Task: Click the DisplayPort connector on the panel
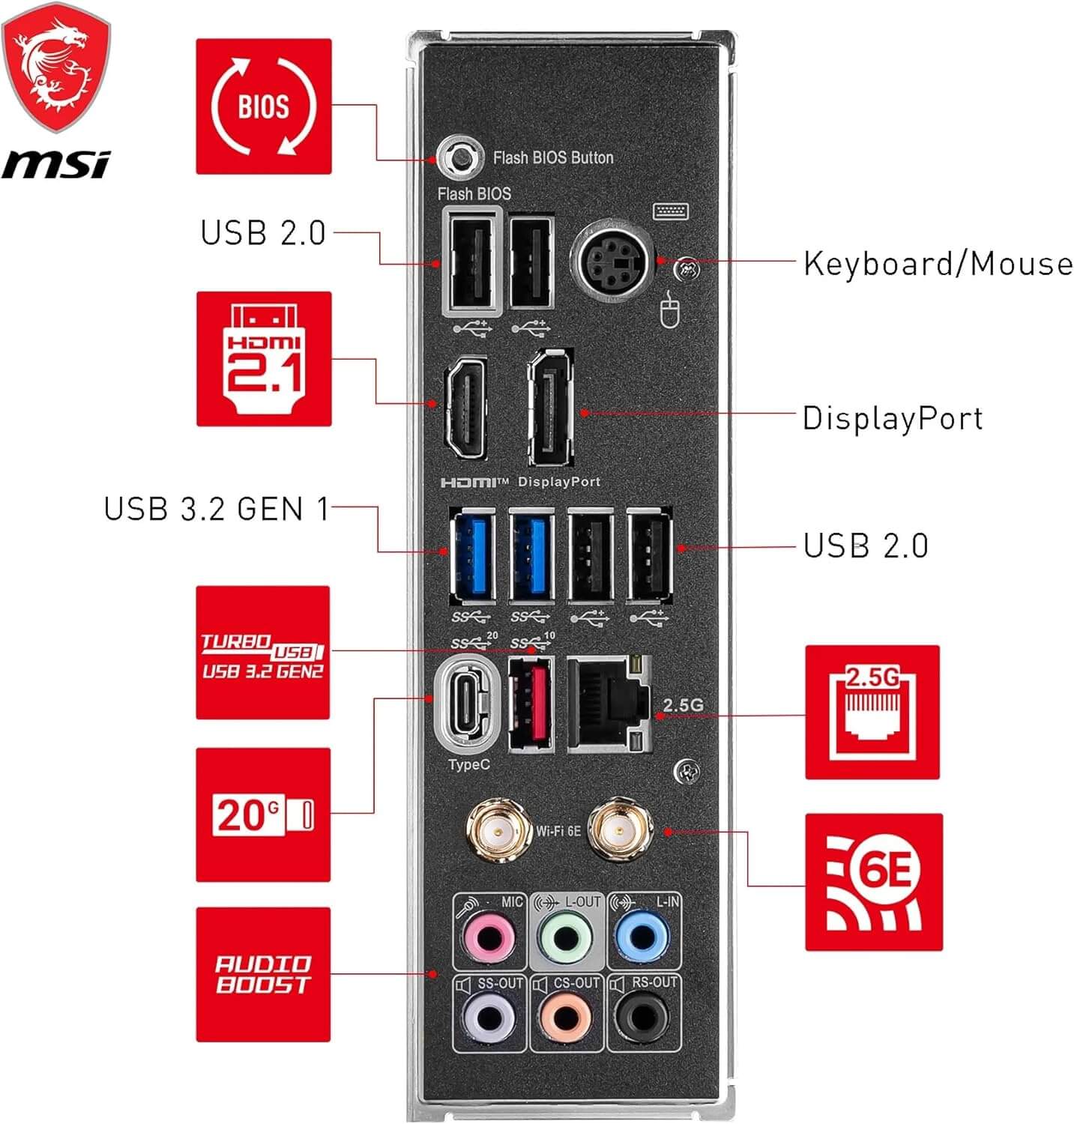click(552, 408)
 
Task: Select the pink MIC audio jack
click(489, 937)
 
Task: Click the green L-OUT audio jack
click(566, 937)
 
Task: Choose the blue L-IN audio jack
click(642, 937)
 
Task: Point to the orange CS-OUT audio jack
click(566, 1018)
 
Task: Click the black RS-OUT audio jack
click(642, 1018)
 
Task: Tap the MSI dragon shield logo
click(56, 67)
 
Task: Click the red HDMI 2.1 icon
click(264, 359)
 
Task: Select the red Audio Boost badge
click(263, 974)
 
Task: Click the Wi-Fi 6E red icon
click(873, 882)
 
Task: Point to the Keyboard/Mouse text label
click(938, 264)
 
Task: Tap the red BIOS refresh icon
click(264, 106)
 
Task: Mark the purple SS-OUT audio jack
click(489, 1018)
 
